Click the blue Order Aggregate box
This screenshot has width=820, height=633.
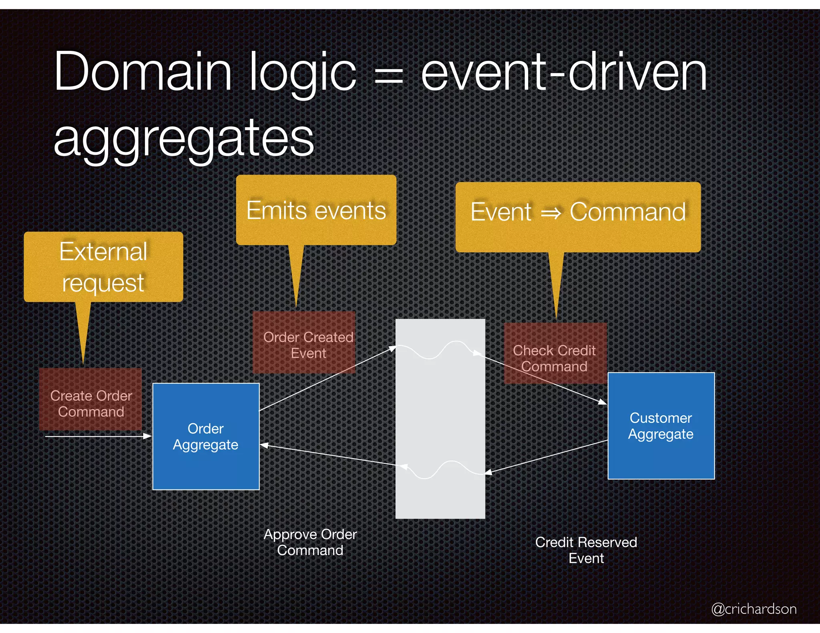[x=206, y=436]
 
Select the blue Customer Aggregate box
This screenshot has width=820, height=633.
[x=661, y=426]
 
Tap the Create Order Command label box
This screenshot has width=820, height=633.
[x=91, y=400]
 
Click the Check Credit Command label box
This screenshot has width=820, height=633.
[x=555, y=355]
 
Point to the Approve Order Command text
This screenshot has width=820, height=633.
[x=310, y=542]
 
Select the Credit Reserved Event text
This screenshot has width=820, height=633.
[x=586, y=550]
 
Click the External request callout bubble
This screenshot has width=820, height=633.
[x=103, y=266]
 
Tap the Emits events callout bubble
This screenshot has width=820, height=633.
[x=316, y=210]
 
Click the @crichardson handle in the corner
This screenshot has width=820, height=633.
[x=754, y=609]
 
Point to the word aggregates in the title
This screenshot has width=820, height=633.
[x=184, y=138]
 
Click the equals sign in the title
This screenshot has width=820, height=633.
[x=388, y=76]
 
